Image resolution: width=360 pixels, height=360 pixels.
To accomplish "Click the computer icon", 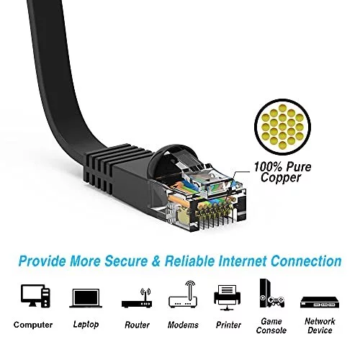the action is click(x=35, y=296).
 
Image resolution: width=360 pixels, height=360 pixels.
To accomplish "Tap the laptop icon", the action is click(x=86, y=298).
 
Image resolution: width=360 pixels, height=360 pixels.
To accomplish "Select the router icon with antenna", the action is click(x=137, y=298).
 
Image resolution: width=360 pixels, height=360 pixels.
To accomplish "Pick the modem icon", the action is click(x=183, y=294).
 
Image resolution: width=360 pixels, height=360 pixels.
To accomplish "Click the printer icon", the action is click(x=227, y=297).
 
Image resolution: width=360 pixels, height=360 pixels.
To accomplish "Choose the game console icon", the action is click(x=272, y=293).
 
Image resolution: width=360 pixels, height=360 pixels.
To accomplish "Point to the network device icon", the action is click(x=320, y=302).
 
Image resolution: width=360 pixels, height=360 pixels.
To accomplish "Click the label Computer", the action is click(x=33, y=325).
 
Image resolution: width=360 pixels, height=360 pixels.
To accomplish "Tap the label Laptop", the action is click(x=86, y=325).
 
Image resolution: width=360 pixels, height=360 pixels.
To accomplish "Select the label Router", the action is click(x=137, y=325).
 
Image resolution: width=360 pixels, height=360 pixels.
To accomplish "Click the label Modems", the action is click(x=183, y=325).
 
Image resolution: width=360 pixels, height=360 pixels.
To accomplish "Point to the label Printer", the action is click(x=228, y=325).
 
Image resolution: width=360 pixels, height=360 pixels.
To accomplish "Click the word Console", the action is click(x=271, y=330).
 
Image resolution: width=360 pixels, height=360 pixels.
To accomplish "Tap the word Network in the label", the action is click(x=320, y=321).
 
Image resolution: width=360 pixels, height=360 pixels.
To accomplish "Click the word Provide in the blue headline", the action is click(x=42, y=261).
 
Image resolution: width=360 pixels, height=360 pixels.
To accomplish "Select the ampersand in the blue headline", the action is click(x=156, y=261).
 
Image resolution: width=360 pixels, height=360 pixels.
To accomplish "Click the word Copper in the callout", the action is click(x=281, y=178).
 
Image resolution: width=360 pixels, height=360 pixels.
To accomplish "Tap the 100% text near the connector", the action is click(x=266, y=166).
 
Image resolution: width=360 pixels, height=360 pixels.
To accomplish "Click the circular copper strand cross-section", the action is click(x=282, y=127).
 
